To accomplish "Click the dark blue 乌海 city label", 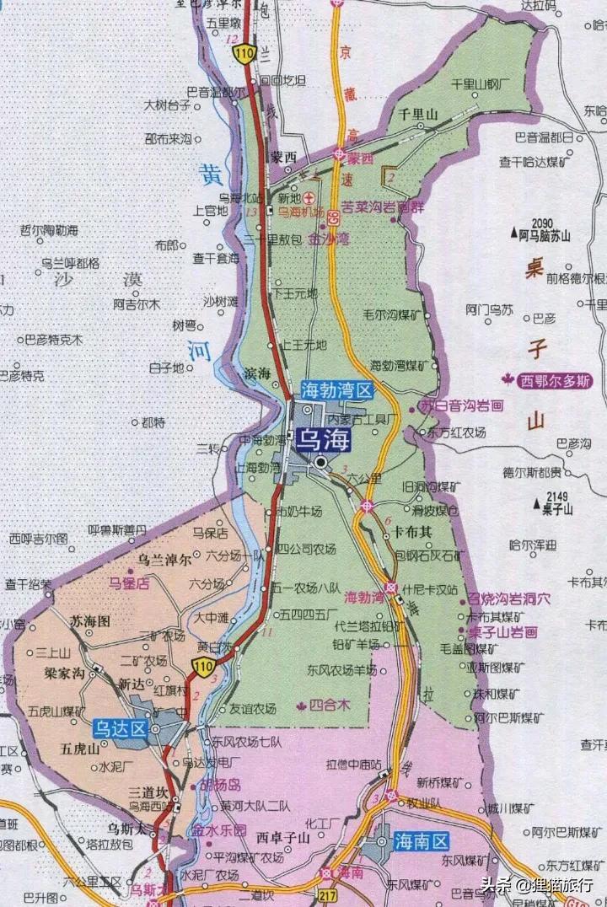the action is click(322, 439).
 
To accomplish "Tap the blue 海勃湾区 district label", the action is click(337, 390).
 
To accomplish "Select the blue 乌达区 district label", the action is click(121, 728).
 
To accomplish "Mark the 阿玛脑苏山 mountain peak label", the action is click(545, 236).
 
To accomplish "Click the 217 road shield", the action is click(328, 893).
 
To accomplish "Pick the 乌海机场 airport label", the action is click(301, 212).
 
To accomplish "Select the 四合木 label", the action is click(330, 704).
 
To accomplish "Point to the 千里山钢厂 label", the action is click(481, 84).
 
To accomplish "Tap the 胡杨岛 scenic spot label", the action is click(220, 785).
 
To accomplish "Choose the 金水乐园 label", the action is click(218, 829).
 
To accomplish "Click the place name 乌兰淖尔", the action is click(165, 560).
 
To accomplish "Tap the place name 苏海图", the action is click(90, 621).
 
